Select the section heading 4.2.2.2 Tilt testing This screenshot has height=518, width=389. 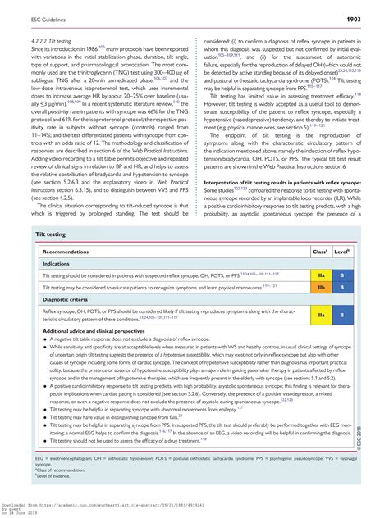pos(55,39)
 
